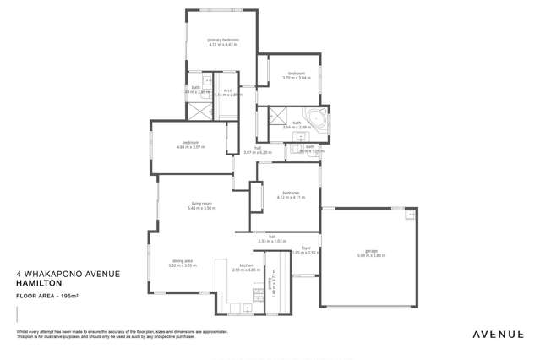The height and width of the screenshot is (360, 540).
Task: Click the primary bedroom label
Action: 223,39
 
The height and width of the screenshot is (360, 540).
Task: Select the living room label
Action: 200,204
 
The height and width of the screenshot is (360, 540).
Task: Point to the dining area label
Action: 183,261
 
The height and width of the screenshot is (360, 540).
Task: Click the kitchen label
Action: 246,266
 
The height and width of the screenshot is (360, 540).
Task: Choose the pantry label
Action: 271,286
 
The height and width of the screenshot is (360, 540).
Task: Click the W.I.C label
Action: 227,90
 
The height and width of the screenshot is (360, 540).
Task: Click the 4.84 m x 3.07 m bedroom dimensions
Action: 191,146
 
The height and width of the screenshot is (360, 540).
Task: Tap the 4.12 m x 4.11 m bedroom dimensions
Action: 291,197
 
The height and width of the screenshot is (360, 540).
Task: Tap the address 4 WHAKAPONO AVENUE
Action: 68,275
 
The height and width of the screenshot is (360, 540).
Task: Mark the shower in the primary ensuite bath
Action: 195,109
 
